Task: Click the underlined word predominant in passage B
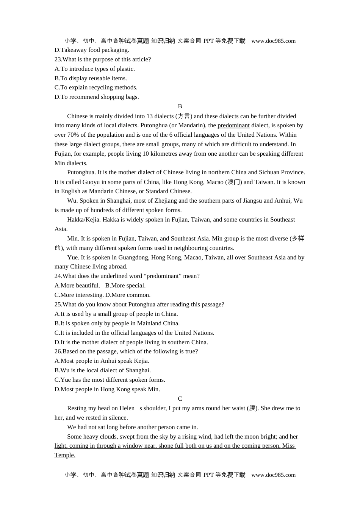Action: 233,125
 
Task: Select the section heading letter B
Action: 180,106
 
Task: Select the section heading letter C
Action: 180,399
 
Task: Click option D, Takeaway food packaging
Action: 92,50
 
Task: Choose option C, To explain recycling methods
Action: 96,87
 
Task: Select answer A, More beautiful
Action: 77,286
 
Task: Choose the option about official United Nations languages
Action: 134,333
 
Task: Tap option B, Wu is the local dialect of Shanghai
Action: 102,370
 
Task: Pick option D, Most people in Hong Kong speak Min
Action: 107,389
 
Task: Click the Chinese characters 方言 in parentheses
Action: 184,116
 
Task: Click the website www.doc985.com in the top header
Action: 273,41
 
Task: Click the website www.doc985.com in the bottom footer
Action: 273,475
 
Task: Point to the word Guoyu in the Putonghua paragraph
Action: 91,182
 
